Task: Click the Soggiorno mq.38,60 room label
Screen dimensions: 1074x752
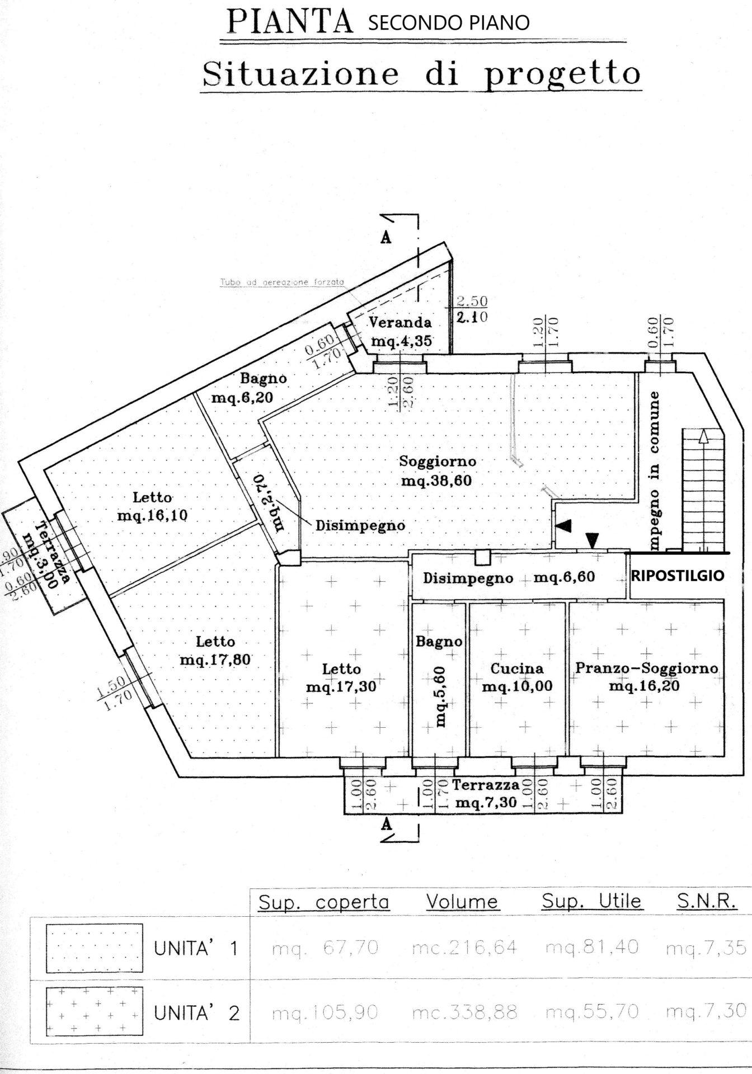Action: pyautogui.click(x=437, y=470)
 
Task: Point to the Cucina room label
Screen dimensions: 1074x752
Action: pyautogui.click(x=516, y=677)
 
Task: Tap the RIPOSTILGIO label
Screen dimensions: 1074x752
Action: pyautogui.click(x=677, y=575)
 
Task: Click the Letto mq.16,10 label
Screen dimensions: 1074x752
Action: pyautogui.click(x=152, y=506)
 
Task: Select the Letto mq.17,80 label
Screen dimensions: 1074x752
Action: pyautogui.click(x=215, y=651)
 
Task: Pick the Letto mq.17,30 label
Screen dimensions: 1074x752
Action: pyautogui.click(x=341, y=677)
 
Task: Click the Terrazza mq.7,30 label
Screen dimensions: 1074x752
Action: pyautogui.click(x=486, y=794)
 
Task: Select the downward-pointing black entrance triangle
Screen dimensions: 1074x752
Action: pyautogui.click(x=593, y=540)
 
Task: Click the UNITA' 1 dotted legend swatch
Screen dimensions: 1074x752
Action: pyautogui.click(x=94, y=948)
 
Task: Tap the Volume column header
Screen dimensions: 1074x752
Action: pyautogui.click(x=462, y=902)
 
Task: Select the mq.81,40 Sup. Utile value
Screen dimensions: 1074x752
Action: pyautogui.click(x=592, y=948)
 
